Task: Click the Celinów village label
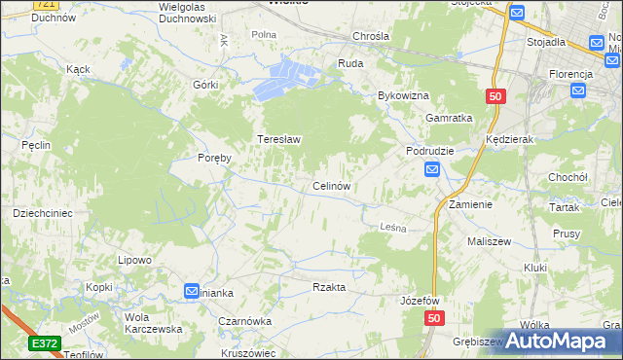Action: (x=331, y=186)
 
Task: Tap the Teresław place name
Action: (x=278, y=139)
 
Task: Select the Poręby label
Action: (x=214, y=159)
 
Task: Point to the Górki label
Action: (x=205, y=85)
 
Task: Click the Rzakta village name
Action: (x=329, y=287)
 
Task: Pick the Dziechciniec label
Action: (x=42, y=212)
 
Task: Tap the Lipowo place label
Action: (x=134, y=260)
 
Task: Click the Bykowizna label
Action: (x=403, y=96)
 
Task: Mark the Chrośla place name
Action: (x=372, y=36)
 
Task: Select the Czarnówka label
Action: (x=243, y=320)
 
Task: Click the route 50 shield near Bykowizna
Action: (x=495, y=96)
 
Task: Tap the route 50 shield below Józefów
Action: (x=433, y=318)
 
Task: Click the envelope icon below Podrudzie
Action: (x=432, y=170)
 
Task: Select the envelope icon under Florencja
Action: (x=578, y=91)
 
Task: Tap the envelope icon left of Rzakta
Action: (x=193, y=291)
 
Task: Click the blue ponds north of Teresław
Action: (x=285, y=78)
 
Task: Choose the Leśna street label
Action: (x=391, y=227)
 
